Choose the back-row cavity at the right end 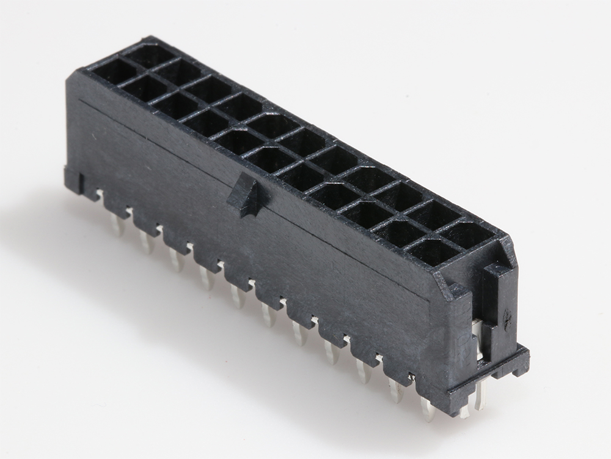[469, 234]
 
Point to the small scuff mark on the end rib [507, 316]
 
